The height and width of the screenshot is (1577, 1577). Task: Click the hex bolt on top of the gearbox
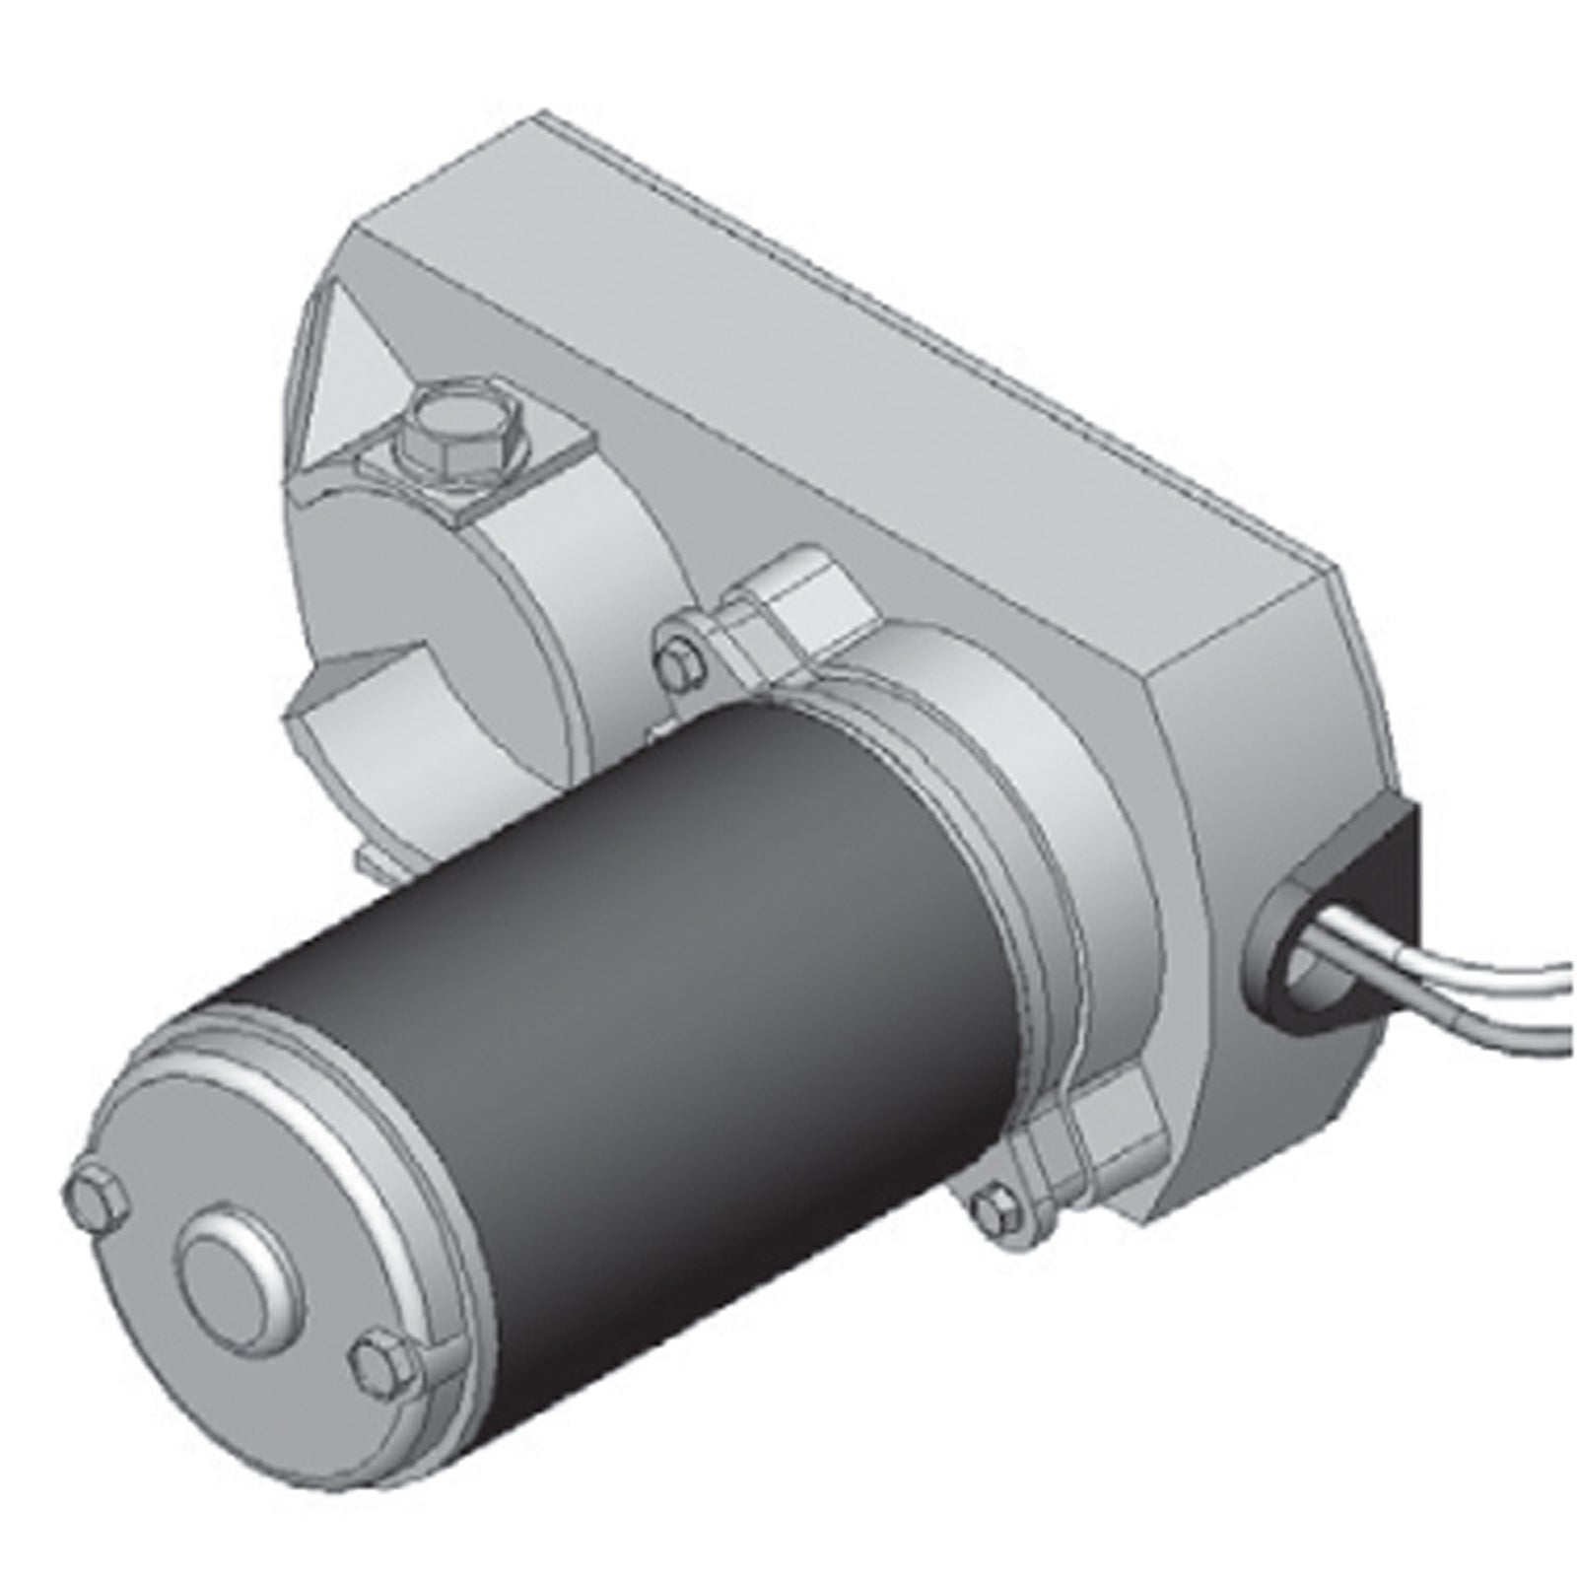point(459,433)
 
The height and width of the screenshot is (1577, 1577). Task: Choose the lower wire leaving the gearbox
point(1459,1015)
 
